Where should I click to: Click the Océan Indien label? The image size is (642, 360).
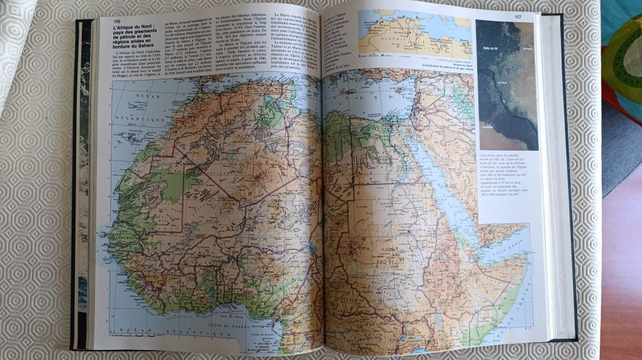click(514, 302)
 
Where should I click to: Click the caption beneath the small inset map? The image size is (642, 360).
click(442, 65)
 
